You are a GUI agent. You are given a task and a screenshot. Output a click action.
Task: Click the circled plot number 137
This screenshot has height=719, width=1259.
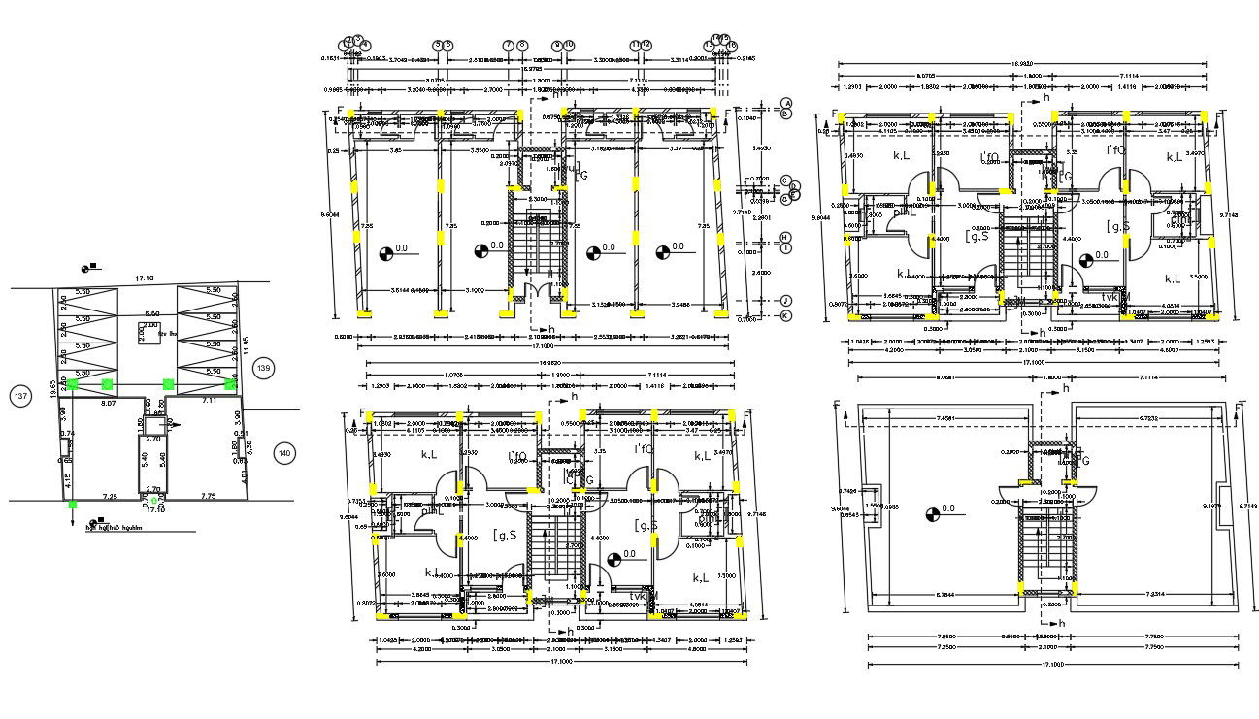click(x=20, y=396)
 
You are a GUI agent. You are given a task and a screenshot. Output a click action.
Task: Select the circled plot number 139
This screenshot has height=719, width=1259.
click(x=264, y=369)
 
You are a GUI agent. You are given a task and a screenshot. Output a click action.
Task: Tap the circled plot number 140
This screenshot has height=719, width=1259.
click(x=283, y=453)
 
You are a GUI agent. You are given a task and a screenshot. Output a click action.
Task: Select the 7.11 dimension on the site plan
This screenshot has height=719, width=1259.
click(x=208, y=400)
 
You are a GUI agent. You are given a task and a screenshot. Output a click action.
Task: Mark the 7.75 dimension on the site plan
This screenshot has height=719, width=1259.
click(x=208, y=497)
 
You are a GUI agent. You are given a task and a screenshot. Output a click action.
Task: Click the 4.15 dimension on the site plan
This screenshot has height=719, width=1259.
click(x=68, y=478)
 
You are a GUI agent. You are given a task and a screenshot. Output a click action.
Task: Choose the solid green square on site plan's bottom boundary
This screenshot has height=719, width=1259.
click(x=73, y=505)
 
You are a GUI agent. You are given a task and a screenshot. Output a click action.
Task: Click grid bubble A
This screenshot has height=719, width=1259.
click(x=787, y=103)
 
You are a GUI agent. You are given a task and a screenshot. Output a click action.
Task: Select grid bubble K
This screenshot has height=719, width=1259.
click(x=787, y=314)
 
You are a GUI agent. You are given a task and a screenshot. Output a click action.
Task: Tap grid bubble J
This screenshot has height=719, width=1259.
click(x=787, y=300)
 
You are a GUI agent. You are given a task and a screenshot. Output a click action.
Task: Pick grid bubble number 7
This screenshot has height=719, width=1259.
click(x=507, y=45)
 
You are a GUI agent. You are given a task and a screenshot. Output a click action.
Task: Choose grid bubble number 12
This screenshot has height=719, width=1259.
click(x=646, y=45)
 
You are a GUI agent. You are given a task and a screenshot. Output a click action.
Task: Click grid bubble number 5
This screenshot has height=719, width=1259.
click(x=438, y=45)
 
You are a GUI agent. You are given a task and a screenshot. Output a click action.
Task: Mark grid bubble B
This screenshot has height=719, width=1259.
click(x=787, y=114)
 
